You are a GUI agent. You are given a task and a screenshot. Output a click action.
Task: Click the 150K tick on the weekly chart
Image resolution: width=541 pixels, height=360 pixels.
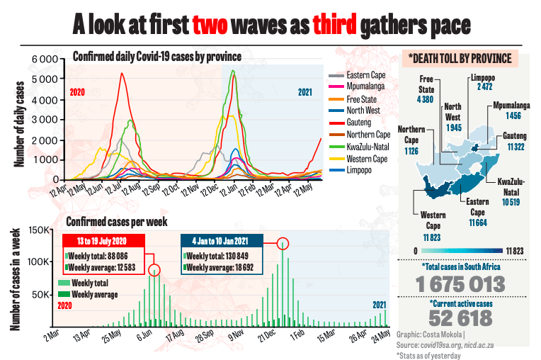pyautogui.click(x=38, y=230)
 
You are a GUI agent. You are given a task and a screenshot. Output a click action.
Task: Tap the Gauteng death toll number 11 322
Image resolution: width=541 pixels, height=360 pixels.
pyautogui.click(x=514, y=146)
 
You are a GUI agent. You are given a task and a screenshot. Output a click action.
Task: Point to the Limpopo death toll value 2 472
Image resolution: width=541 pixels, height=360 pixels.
pyautogui.click(x=484, y=87)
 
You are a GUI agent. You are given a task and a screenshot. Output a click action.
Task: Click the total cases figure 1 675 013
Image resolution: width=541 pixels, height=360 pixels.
pyautogui.click(x=461, y=284)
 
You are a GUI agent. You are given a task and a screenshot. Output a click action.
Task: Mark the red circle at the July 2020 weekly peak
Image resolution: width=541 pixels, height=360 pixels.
pyautogui.click(x=154, y=270)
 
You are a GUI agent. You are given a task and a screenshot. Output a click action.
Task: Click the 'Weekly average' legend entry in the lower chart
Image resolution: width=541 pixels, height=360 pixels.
pyautogui.click(x=94, y=293)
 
